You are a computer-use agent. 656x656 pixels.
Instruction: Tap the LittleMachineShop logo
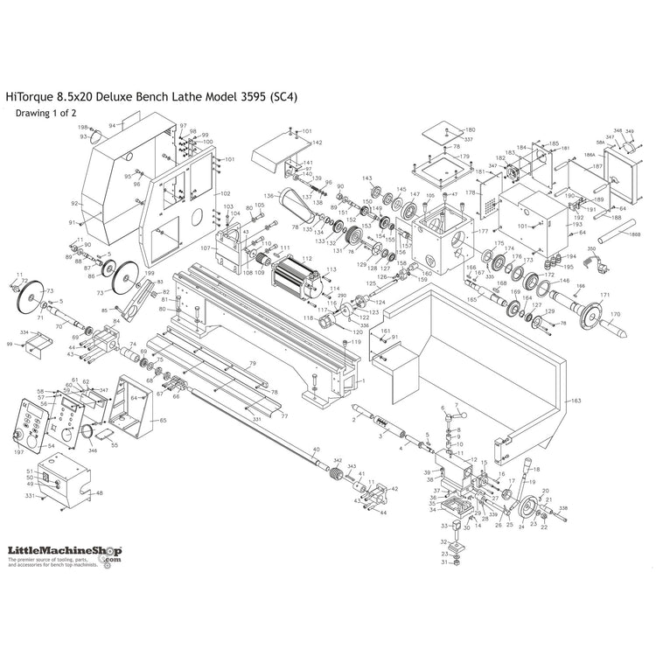point(64,552)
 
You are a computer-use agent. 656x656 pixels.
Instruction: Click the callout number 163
point(576,401)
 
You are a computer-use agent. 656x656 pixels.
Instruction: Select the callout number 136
point(269,195)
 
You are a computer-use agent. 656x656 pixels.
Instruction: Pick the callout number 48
point(99,493)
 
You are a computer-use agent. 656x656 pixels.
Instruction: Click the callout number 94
point(112,126)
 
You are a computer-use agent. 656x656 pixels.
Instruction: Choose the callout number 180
point(470,129)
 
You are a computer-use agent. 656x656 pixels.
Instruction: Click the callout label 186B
point(635,236)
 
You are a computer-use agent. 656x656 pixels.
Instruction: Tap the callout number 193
point(576,225)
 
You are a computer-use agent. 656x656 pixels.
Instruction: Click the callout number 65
point(163,420)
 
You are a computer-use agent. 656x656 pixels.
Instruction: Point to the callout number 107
point(206,248)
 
